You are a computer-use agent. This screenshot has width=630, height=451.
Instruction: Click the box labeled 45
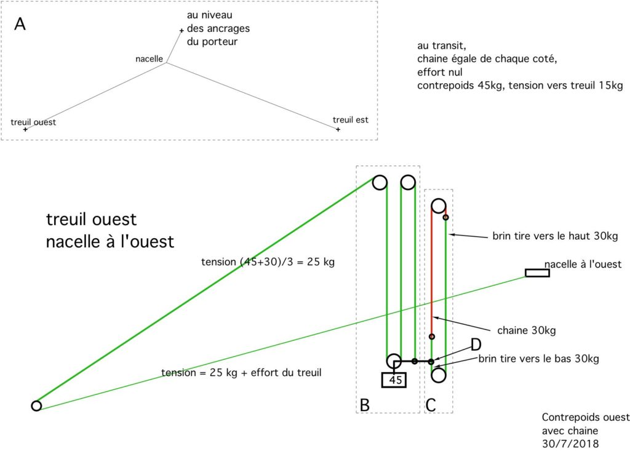(396, 380)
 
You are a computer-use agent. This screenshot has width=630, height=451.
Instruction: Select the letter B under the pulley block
(365, 405)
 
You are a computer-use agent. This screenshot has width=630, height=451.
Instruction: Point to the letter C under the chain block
(431, 405)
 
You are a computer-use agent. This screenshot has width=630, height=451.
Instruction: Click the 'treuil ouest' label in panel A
(33, 122)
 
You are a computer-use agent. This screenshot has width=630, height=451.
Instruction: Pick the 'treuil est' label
(350, 119)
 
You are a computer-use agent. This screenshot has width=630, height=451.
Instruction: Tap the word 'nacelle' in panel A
(149, 59)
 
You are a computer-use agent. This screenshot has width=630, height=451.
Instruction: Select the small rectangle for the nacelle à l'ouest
(537, 273)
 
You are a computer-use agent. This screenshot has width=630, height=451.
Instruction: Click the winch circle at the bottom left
(36, 405)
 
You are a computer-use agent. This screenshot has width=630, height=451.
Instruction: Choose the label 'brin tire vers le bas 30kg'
(538, 359)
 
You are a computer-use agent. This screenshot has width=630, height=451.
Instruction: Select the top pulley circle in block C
(439, 205)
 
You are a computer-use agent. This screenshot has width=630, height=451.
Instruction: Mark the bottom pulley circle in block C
(439, 373)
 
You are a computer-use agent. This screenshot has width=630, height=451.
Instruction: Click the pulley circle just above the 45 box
(394, 361)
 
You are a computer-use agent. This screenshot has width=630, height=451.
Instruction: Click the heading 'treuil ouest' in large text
(91, 220)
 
